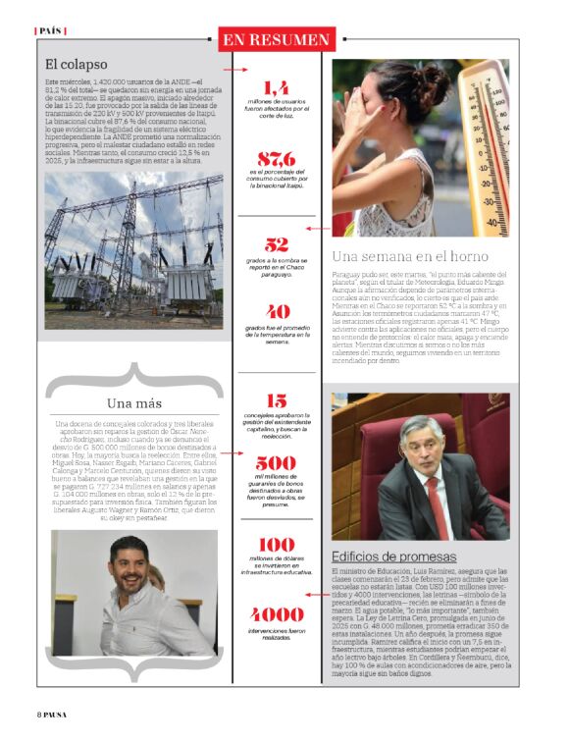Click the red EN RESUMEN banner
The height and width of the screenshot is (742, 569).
point(276,39)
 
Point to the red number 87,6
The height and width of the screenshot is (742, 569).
point(276,158)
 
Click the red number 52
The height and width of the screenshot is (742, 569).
point(276,245)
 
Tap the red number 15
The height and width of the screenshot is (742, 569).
point(276,400)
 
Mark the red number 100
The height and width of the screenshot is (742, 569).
point(276,544)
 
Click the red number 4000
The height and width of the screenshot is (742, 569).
point(276,614)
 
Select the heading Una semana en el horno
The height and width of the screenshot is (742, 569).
point(410,257)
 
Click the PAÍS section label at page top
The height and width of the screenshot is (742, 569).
point(49,30)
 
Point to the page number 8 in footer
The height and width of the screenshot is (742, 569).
point(38,714)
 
